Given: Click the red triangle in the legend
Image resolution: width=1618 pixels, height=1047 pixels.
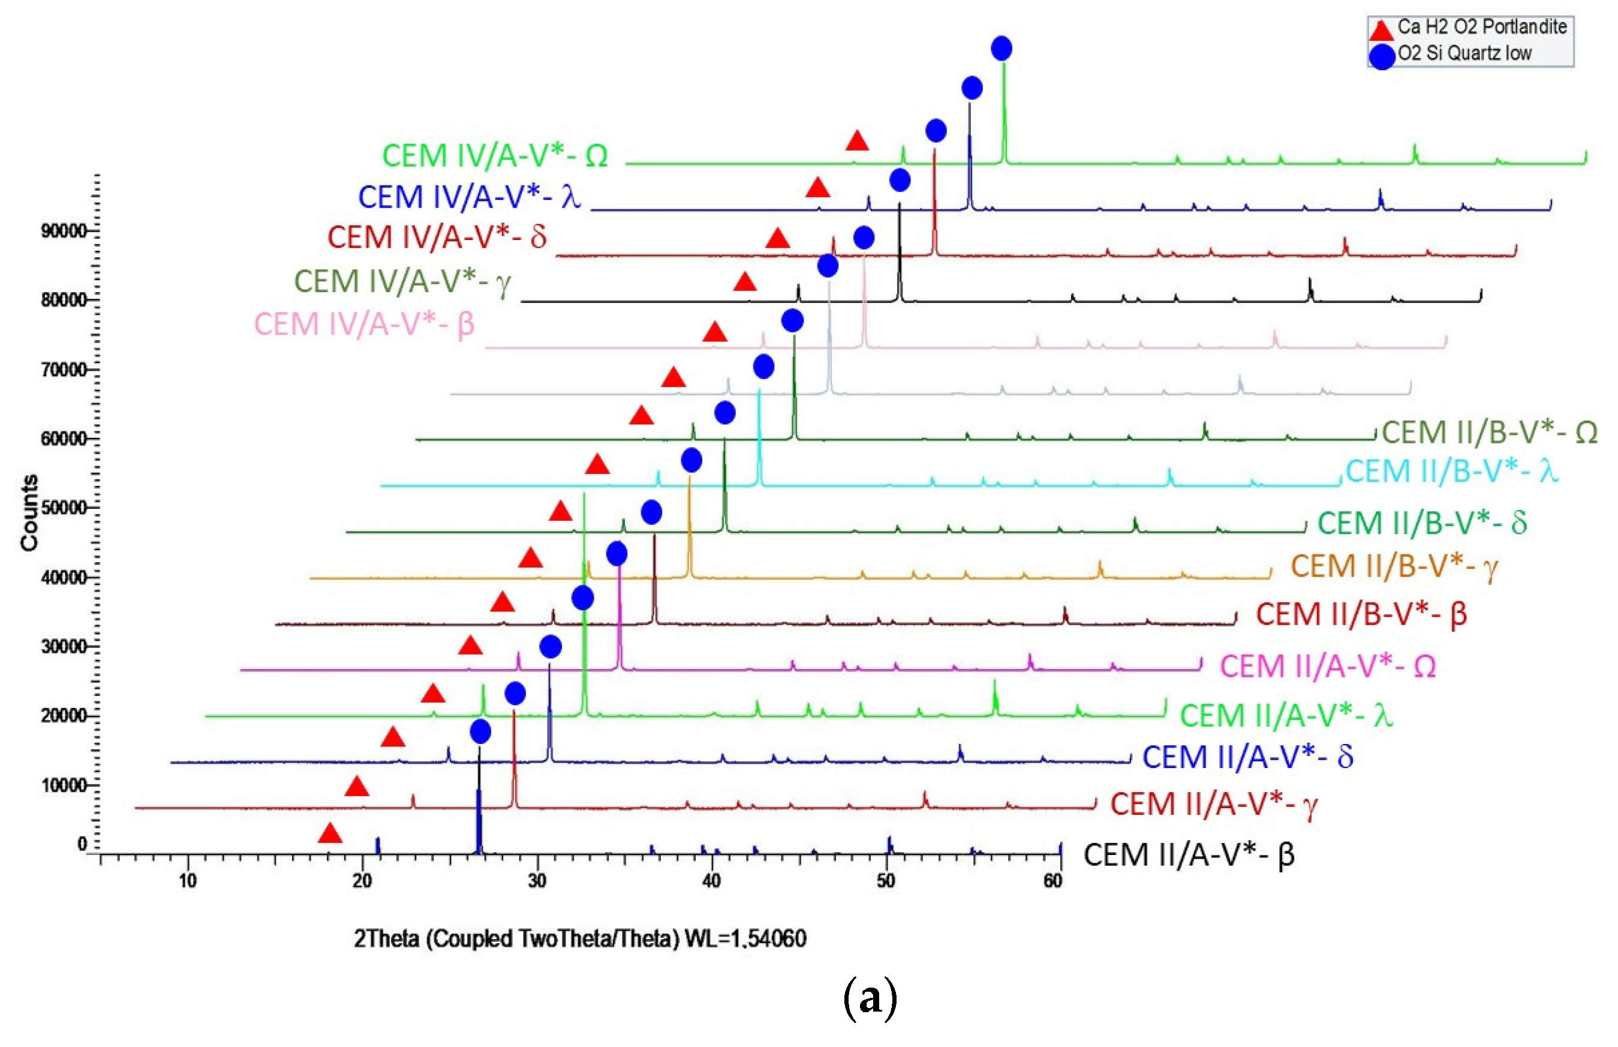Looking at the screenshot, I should pos(1381,29).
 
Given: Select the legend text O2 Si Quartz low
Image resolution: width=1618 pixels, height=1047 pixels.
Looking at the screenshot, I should pos(1464,53).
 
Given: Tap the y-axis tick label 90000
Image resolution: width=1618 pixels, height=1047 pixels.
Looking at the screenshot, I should pos(64,230).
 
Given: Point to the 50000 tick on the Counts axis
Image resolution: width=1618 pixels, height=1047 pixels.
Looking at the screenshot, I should pos(64,508).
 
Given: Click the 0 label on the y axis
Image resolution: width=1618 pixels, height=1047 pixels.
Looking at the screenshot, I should pos(82,844).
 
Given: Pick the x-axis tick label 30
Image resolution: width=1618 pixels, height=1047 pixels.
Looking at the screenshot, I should pos(537,881).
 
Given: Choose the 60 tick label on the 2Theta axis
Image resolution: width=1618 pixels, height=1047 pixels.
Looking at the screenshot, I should pos(1052,881).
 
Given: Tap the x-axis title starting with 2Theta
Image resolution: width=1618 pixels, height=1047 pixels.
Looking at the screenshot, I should pos(580,939).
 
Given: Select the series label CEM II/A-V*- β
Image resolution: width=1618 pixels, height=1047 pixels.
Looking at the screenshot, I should pos(1189,854).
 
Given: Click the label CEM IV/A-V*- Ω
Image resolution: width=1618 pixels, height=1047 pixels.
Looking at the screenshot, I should pos(495,155).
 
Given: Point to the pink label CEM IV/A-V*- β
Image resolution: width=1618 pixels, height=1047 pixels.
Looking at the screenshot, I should pos(364,323).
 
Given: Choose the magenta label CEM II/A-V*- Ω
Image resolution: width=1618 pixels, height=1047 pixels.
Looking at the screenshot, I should pos(1328,665).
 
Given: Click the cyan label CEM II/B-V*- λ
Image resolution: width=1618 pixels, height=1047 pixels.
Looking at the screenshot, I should pos(1451,470).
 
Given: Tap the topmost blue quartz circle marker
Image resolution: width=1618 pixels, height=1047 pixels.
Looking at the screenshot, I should pos(1001,48).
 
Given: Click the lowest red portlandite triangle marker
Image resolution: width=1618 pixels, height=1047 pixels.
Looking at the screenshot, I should pos(330,833).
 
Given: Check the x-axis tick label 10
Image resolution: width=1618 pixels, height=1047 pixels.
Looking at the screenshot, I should pos(188,881).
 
